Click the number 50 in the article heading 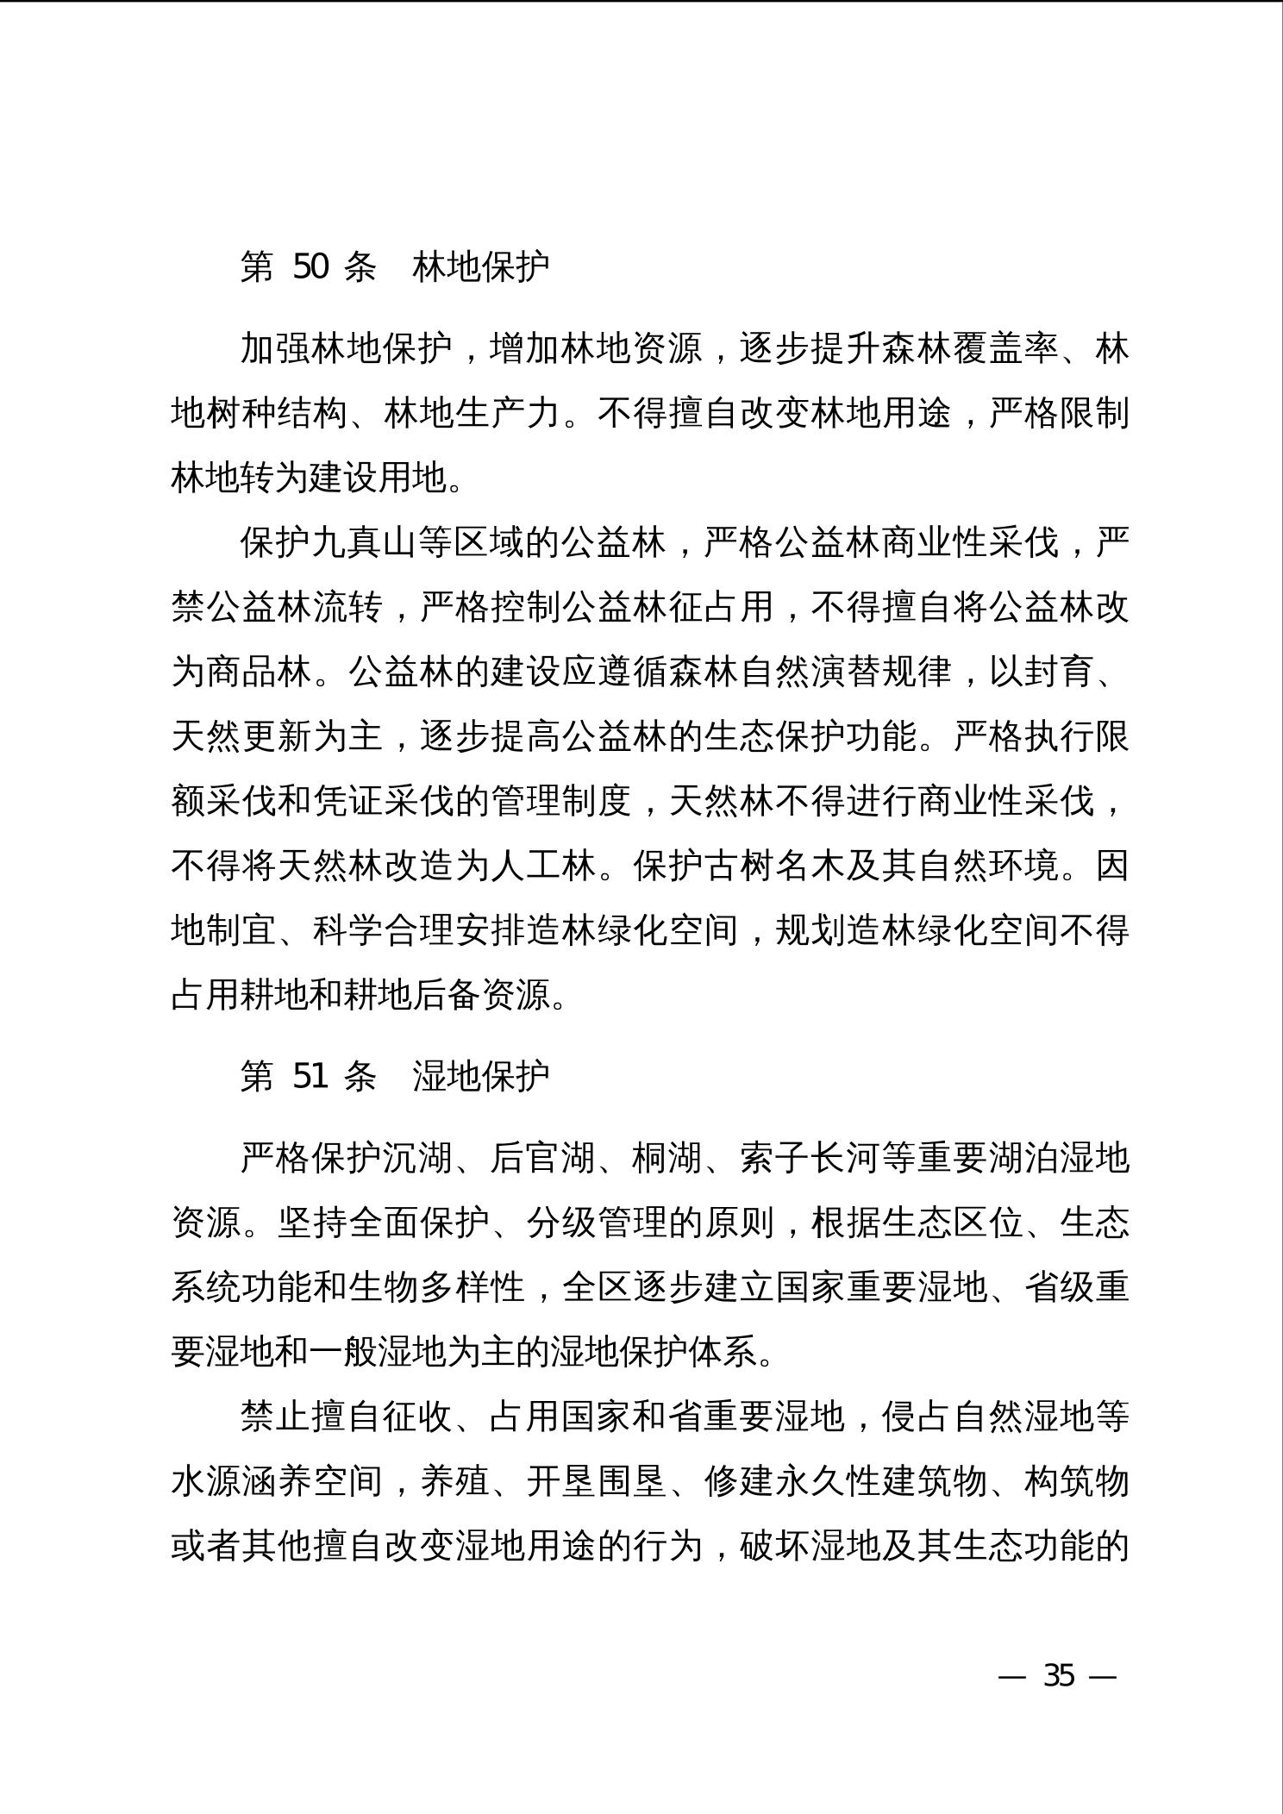click(x=310, y=267)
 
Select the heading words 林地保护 click(x=480, y=267)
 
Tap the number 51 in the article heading click(x=310, y=1075)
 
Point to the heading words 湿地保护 click(x=480, y=1075)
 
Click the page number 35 click(x=1059, y=1676)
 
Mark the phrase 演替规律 click(x=880, y=672)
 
